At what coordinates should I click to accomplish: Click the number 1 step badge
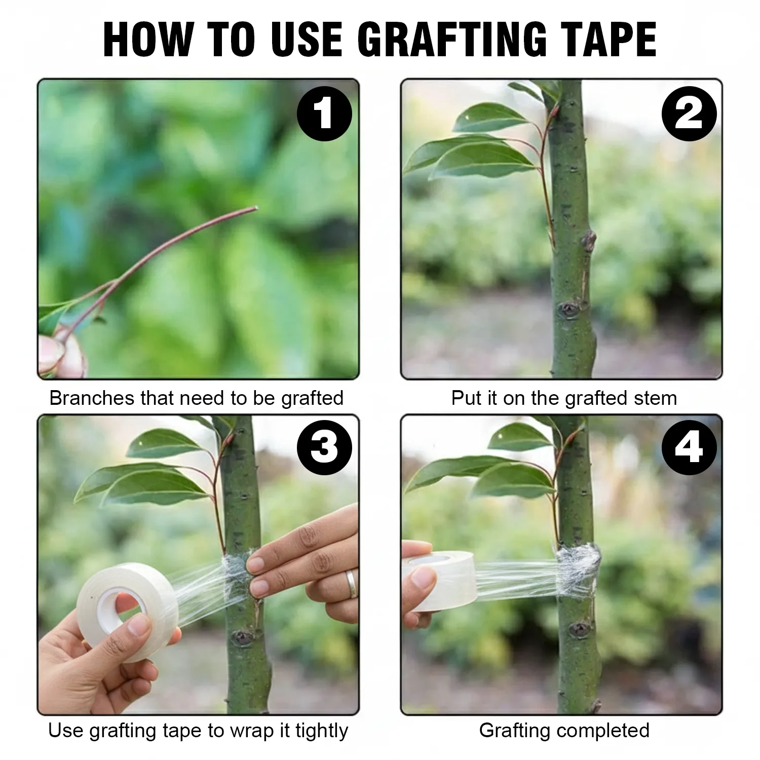click(x=324, y=114)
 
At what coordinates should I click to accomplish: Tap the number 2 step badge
click(x=689, y=114)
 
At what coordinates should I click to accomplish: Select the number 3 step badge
click(x=324, y=447)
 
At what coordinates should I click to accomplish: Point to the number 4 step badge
click(x=689, y=447)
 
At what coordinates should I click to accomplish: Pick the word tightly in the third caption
click(x=322, y=731)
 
